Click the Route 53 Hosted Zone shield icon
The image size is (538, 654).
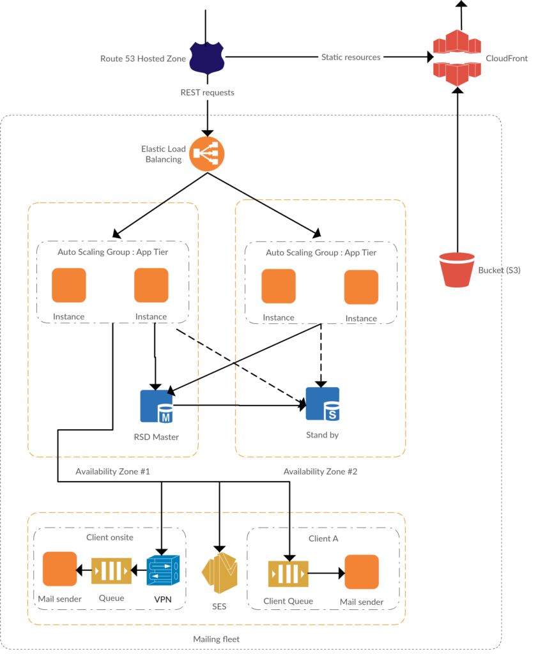tap(207, 58)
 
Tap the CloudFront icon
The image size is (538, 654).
tap(457, 58)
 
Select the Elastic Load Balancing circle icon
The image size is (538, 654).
tap(207, 153)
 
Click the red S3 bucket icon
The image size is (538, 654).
tap(457, 270)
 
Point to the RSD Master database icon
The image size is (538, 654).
tap(157, 406)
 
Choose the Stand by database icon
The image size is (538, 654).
tap(323, 404)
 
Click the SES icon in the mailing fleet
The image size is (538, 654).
tap(220, 573)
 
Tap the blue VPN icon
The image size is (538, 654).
tap(163, 570)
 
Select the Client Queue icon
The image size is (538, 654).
tap(288, 574)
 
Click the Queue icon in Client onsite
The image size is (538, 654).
tap(111, 570)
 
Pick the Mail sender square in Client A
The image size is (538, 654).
tap(362, 572)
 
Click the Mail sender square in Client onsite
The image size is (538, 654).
tap(59, 569)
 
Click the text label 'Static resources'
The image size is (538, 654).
tap(351, 57)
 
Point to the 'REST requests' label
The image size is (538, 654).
tap(207, 93)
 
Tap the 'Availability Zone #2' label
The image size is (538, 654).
tap(320, 471)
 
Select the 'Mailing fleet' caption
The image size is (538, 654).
tap(216, 639)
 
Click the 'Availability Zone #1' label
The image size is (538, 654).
tap(112, 471)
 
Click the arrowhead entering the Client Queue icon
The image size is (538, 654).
tap(289, 558)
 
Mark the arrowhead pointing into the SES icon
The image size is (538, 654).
tap(220, 549)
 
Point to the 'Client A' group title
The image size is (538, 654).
tap(323, 538)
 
